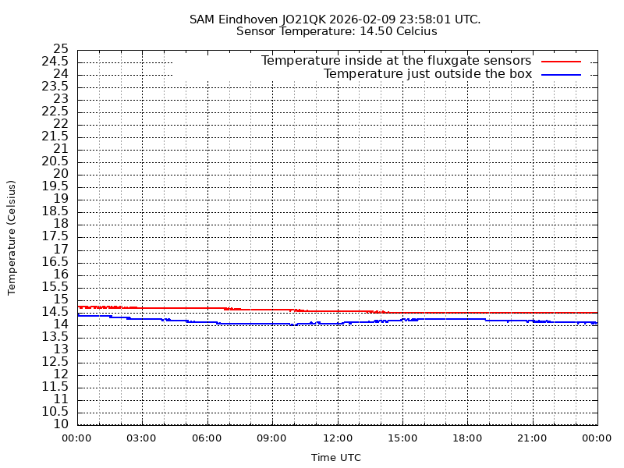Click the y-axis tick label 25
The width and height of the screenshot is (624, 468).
click(x=61, y=49)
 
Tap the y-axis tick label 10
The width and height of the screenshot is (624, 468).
click(x=61, y=424)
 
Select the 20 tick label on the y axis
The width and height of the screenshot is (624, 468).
click(x=61, y=174)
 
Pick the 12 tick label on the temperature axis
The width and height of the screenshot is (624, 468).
click(x=61, y=374)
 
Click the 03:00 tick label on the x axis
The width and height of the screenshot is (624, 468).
click(x=142, y=438)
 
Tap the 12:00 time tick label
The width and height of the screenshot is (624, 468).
click(x=337, y=438)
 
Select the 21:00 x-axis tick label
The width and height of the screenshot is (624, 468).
click(x=532, y=438)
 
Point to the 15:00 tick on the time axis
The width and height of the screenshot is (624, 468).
click(x=402, y=438)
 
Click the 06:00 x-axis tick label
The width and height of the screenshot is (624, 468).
click(x=207, y=438)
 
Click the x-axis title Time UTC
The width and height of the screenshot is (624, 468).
click(x=336, y=458)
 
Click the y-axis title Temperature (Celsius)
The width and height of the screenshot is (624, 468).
click(x=12, y=237)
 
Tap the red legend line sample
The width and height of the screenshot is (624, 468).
click(x=562, y=61)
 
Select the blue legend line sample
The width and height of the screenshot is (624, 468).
click(x=562, y=74)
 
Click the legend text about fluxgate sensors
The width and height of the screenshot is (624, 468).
click(x=395, y=61)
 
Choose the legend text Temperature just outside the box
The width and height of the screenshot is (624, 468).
click(x=427, y=74)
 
